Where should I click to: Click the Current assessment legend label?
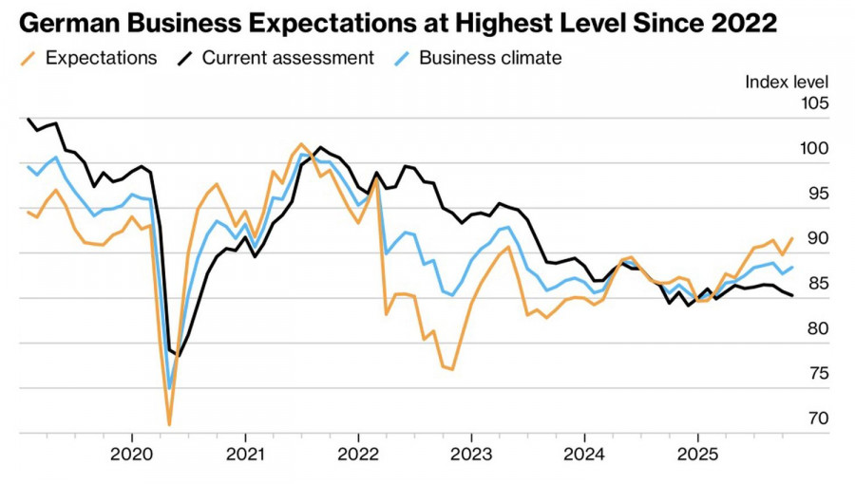288,58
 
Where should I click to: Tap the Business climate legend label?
490,58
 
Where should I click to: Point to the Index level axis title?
787,82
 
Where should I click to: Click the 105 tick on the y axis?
813,103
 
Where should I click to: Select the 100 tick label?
813,149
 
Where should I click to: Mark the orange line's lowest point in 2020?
169,424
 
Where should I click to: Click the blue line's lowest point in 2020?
169,388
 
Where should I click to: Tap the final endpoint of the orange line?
791,238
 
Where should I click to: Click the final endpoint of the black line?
792,296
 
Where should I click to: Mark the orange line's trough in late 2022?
452,369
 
